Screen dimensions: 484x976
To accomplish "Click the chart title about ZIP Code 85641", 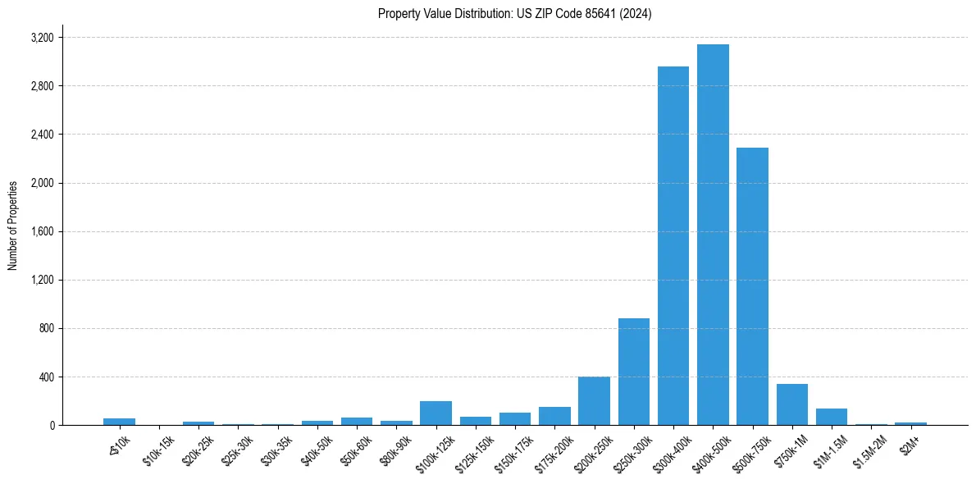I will pyautogui.click(x=514, y=14).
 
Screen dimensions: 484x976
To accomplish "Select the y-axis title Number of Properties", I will pyautogui.click(x=13, y=225).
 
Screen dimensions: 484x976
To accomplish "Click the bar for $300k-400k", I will pyautogui.click(x=673, y=246).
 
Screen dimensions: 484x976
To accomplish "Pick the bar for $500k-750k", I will pyautogui.click(x=752, y=286).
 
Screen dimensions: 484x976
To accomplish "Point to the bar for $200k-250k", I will pyautogui.click(x=594, y=401).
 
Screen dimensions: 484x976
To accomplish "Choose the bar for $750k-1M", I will pyautogui.click(x=792, y=404).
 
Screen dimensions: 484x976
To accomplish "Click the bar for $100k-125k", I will pyautogui.click(x=436, y=413).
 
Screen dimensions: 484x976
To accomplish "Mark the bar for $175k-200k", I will pyautogui.click(x=554, y=416).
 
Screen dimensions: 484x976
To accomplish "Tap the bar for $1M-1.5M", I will pyautogui.click(x=832, y=417).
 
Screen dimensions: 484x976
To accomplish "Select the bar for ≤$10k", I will pyautogui.click(x=120, y=422).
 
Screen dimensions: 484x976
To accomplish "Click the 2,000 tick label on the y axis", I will pyautogui.click(x=42, y=183).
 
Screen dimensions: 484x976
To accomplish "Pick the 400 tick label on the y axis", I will pyautogui.click(x=46, y=377).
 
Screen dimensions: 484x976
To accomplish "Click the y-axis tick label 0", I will pyautogui.click(x=52, y=426).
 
